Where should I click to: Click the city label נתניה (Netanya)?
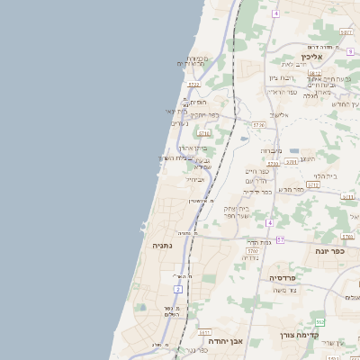[x=162, y=245]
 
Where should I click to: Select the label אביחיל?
[x=195, y=179]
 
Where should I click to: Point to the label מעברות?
[x=271, y=150]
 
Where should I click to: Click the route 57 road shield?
[x=280, y=239]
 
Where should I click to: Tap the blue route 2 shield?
[x=178, y=289]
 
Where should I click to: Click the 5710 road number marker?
[x=313, y=184]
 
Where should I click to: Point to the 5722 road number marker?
[x=193, y=85]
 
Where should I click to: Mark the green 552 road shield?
[x=319, y=321]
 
